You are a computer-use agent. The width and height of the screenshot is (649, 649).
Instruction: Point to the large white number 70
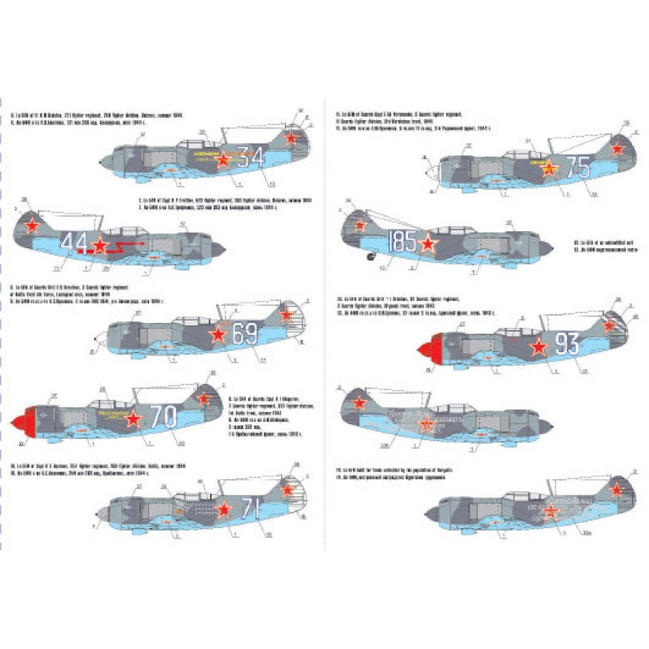pos(163,417)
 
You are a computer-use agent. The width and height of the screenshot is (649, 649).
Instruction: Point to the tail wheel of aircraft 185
pos(372,258)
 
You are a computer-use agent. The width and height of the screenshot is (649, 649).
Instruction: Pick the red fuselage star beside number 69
pos(217,333)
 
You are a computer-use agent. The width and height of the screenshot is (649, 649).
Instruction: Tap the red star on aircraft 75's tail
pos(617,148)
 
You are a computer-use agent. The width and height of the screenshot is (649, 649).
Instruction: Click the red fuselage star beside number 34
pos(222,159)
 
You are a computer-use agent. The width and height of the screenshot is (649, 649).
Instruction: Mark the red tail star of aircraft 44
pos(32,226)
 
